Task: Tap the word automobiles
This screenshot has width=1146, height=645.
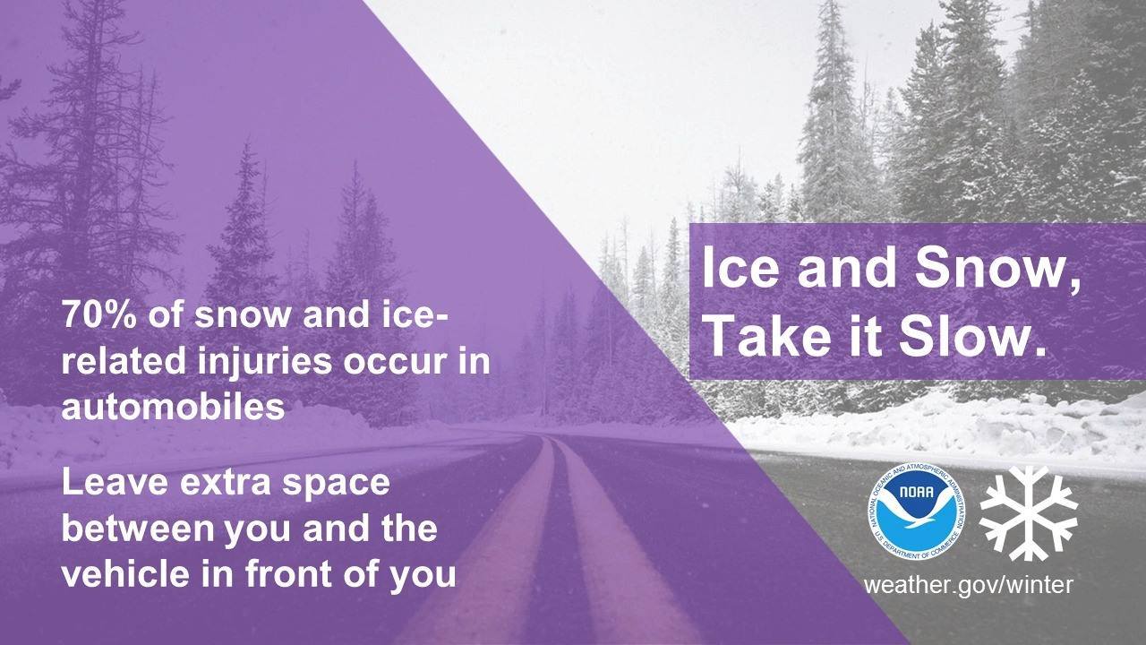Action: tap(173, 407)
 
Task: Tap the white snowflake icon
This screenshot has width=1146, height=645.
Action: tap(1029, 513)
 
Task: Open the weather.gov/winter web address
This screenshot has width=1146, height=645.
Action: tap(968, 585)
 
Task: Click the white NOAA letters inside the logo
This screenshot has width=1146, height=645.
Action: tap(916, 493)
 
